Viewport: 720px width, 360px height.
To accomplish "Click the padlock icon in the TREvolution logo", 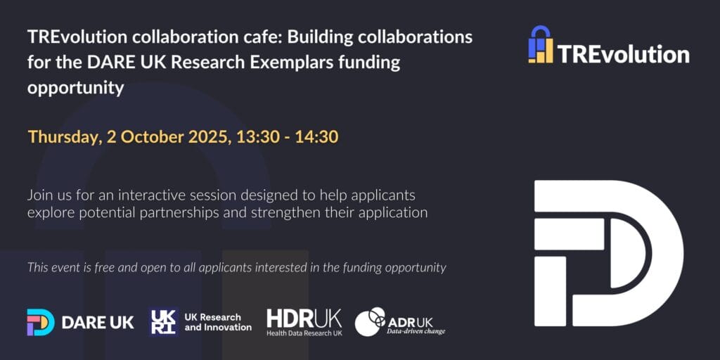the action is pyautogui.click(x=541, y=44).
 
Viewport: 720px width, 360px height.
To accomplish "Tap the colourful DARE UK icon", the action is pyautogui.click(x=40, y=322).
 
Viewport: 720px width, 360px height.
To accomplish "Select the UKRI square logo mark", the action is pyautogui.click(x=163, y=322).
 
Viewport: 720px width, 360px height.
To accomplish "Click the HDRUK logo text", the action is pyautogui.click(x=304, y=319).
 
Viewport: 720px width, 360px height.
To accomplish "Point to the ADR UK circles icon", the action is pyautogui.click(x=370, y=321).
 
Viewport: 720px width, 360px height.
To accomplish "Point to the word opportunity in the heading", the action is pyautogui.click(x=76, y=89).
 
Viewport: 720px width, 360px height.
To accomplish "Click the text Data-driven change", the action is pyautogui.click(x=416, y=331).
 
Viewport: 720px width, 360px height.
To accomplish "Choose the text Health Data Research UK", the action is pyautogui.click(x=304, y=333).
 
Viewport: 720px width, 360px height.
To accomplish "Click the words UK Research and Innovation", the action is pyautogui.click(x=218, y=322).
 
